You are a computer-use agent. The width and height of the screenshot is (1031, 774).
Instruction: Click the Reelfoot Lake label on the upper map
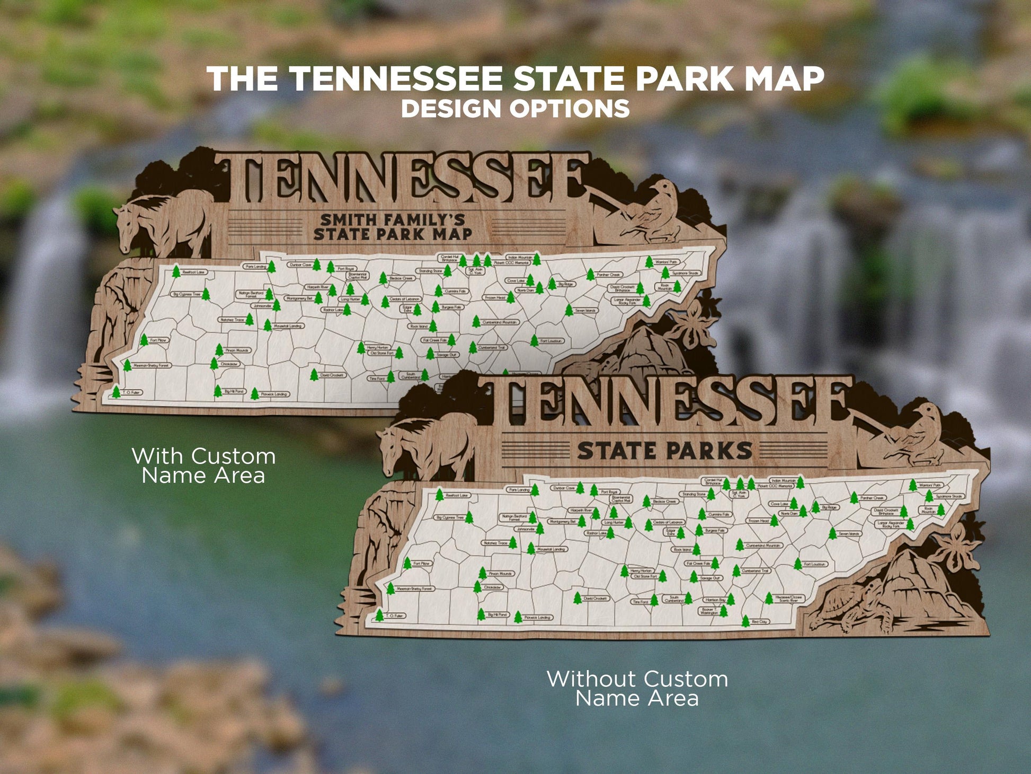pyautogui.click(x=194, y=272)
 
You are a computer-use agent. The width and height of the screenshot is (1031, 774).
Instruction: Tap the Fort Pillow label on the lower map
pyautogui.click(x=422, y=563)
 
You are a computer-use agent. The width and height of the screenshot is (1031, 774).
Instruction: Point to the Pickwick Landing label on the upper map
pyautogui.click(x=274, y=394)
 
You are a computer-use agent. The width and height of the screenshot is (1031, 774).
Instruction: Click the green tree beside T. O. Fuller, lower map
pyautogui.click(x=379, y=615)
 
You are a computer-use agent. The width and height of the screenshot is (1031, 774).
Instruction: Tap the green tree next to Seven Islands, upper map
pyautogui.click(x=568, y=310)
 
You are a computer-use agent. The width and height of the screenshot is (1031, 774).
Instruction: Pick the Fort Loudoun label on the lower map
pyautogui.click(x=814, y=564)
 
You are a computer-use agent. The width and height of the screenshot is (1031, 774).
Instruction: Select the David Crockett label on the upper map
pyautogui.click(x=332, y=375)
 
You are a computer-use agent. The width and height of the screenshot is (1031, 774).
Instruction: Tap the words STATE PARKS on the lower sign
pyautogui.click(x=664, y=451)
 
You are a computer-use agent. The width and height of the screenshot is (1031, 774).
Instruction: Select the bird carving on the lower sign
pyautogui.click(x=917, y=435)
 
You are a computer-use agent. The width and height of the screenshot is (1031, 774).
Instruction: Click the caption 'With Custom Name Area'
pyautogui.click(x=203, y=465)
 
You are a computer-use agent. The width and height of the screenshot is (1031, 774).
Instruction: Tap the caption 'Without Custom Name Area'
pyautogui.click(x=637, y=688)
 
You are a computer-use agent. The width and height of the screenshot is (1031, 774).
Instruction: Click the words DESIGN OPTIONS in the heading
pyautogui.click(x=515, y=108)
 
